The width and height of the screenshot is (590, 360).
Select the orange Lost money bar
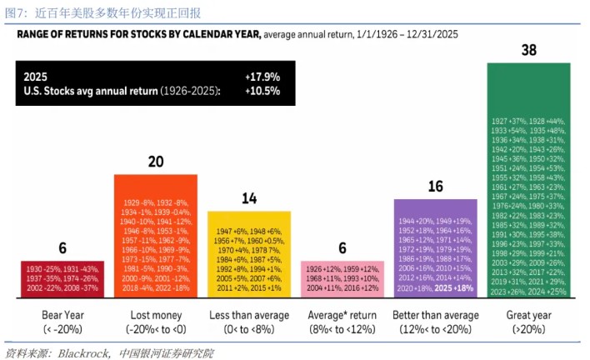[156, 236]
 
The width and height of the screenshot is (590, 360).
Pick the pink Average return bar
[342, 279]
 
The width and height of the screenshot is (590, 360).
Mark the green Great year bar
[528, 180]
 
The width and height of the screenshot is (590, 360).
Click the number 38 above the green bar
[528, 50]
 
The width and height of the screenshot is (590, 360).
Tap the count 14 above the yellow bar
[249, 198]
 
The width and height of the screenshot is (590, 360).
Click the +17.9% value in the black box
[262, 76]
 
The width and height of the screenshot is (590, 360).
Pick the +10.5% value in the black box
[262, 90]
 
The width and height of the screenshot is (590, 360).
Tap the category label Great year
[528, 316]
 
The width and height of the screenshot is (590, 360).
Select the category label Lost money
[156, 316]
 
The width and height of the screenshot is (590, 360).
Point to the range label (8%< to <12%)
[342, 329]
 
